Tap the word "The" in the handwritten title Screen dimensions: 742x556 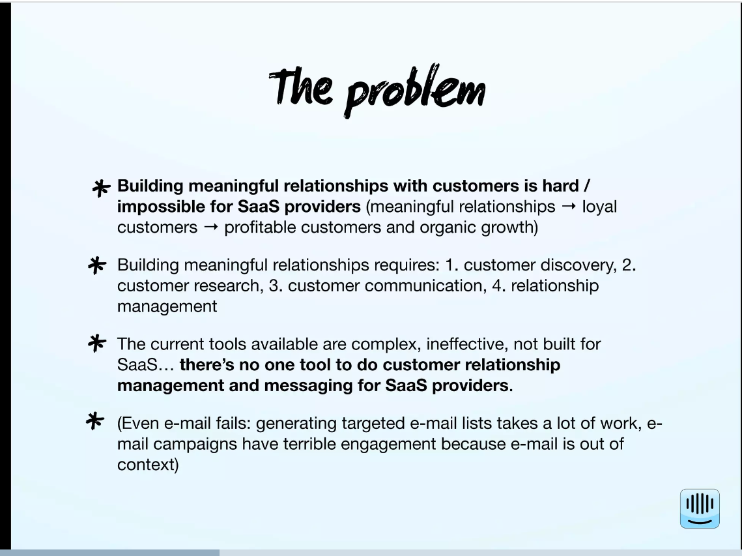point(301,86)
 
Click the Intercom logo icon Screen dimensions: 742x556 point(700,508)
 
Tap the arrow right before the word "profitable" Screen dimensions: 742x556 point(211,227)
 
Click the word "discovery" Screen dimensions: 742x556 point(578,265)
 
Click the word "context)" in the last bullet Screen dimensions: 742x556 point(148,465)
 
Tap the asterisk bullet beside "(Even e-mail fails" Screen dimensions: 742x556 point(95,420)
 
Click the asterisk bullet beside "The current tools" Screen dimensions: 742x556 point(97,344)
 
